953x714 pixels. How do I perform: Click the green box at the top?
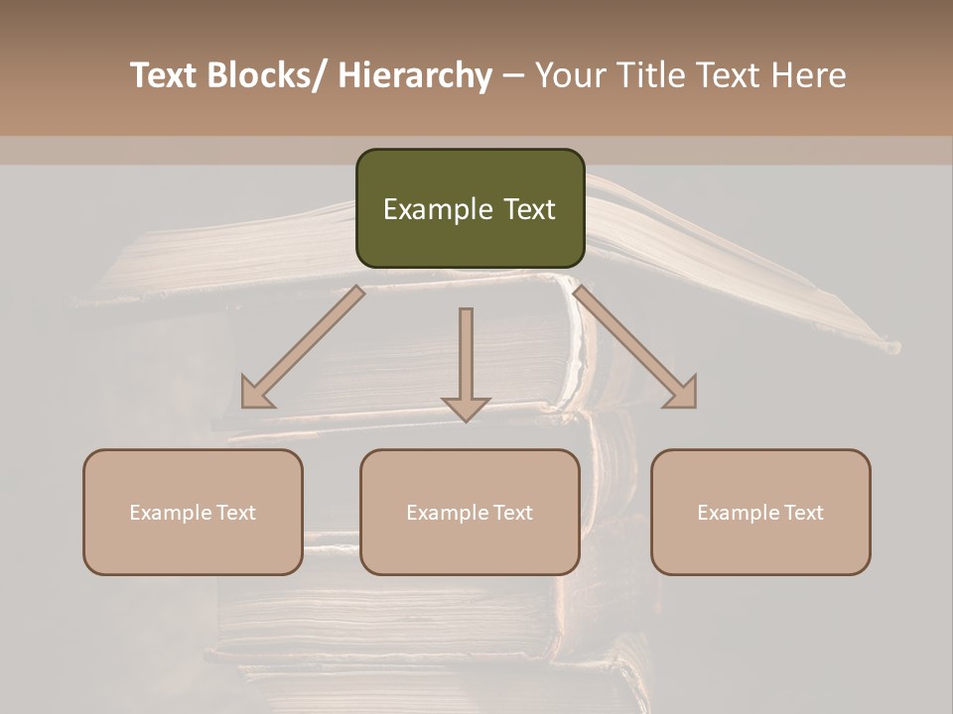coord(470,208)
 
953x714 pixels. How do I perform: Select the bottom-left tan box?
coord(193,512)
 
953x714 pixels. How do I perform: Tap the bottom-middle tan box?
coord(470,512)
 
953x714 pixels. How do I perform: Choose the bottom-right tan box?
coord(760,512)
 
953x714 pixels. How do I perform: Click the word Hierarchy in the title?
coord(415,75)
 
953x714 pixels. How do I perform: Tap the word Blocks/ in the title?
coord(270,75)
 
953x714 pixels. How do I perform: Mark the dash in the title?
coord(513,75)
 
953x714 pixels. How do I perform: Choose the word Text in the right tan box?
coord(803,513)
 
